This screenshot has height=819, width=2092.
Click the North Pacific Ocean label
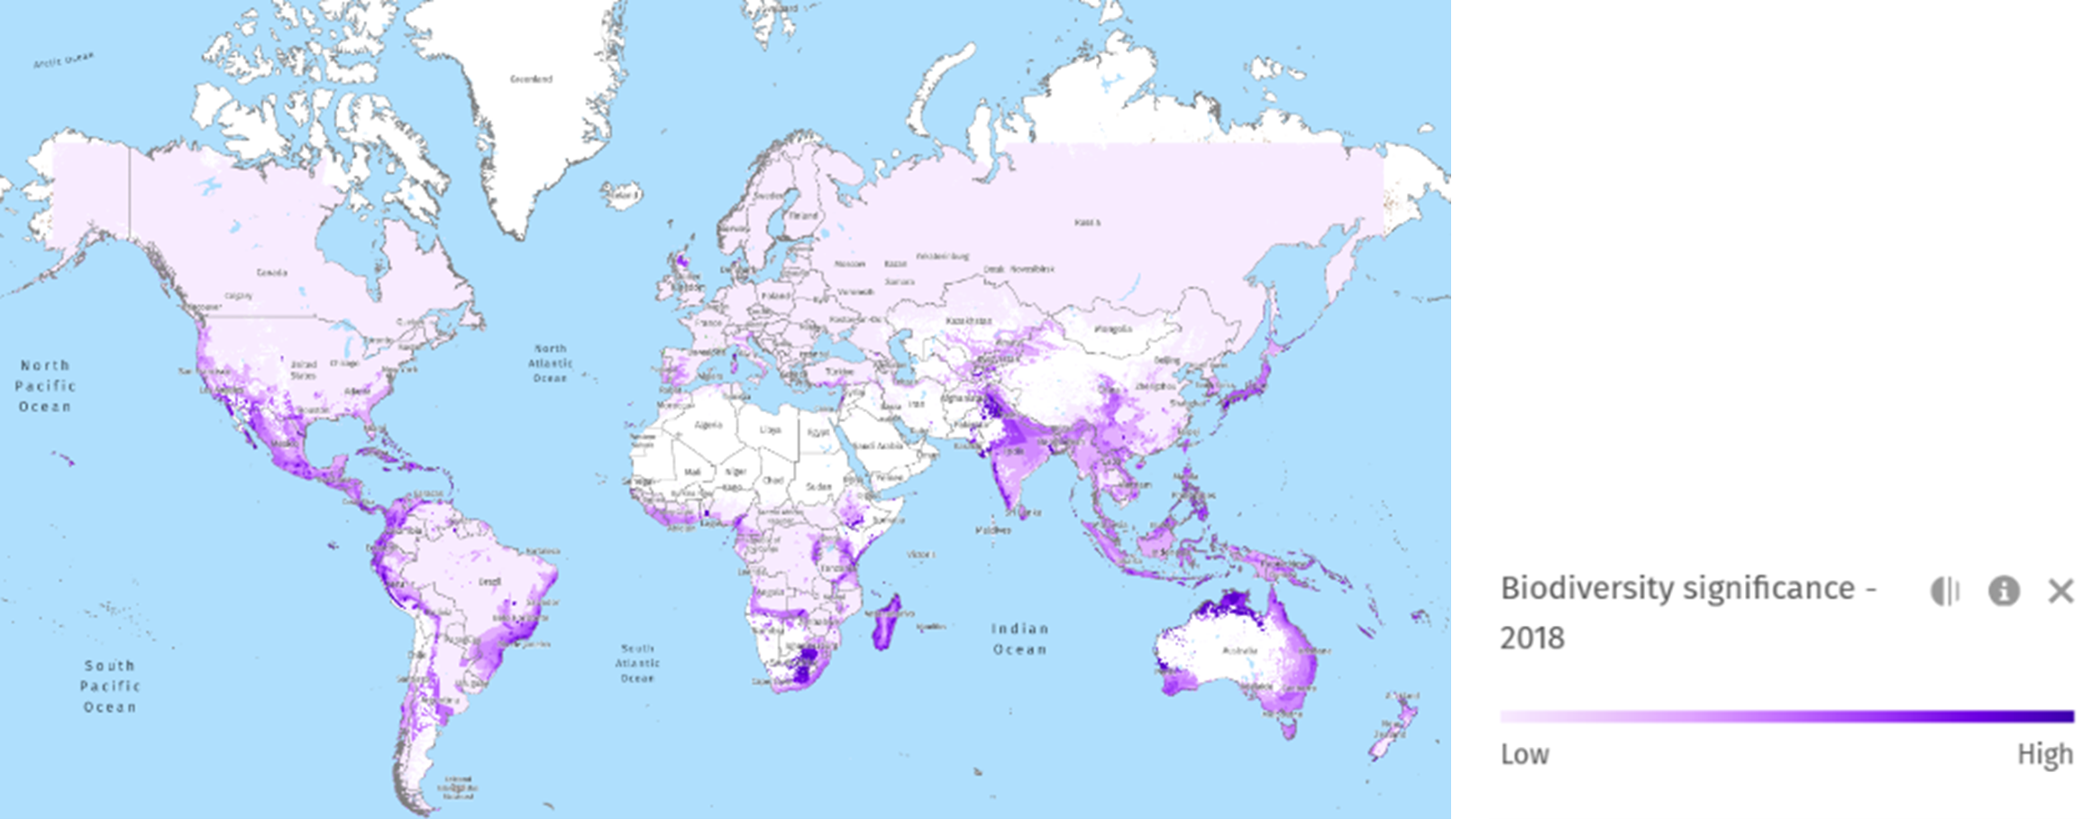click(45, 386)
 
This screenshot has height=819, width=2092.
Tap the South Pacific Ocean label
click(110, 686)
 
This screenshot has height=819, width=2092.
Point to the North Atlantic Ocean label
click(550, 363)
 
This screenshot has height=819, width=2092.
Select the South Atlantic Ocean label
click(637, 663)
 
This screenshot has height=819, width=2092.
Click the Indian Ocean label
click(1019, 639)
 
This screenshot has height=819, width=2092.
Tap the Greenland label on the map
click(531, 79)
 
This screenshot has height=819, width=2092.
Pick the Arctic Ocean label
click(63, 60)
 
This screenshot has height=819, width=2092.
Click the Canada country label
click(272, 272)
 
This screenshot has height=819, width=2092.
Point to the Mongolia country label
click(1113, 329)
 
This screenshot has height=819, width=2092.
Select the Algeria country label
click(708, 425)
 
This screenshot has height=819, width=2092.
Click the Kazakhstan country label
click(969, 321)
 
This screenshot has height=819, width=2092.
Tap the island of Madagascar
click(886, 622)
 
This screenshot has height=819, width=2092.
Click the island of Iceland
click(622, 194)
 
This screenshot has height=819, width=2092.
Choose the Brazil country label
click(489, 582)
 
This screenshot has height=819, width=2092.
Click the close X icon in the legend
click(2060, 591)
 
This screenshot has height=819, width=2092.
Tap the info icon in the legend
click(2003, 591)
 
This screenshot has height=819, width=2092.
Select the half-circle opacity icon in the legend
click(1945, 591)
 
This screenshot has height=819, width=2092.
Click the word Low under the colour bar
click(1524, 754)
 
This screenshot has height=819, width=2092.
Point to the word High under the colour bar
click(2044, 754)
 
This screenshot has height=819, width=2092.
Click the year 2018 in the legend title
click(1532, 639)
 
